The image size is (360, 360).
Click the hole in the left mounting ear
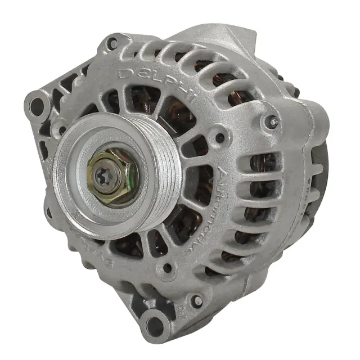click(x=38, y=103)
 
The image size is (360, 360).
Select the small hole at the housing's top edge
click(x=114, y=42)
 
